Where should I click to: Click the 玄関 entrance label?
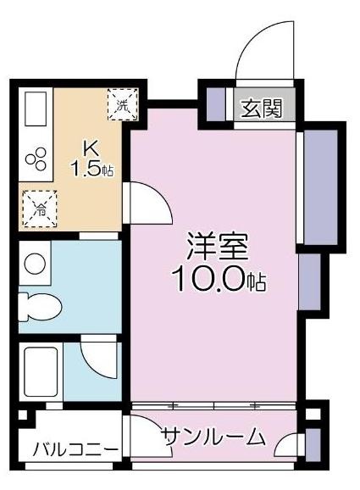[x=261, y=109]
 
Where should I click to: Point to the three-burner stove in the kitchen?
[x=36, y=159]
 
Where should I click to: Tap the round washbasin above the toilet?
[x=35, y=264]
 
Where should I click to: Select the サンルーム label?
[x=213, y=437]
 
